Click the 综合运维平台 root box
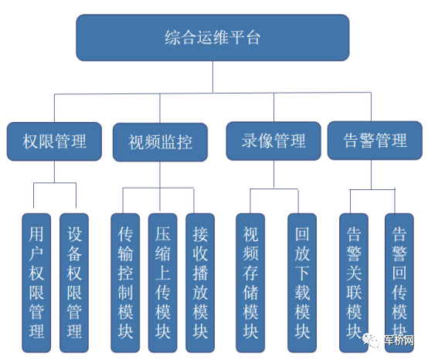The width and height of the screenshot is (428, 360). pyautogui.click(x=212, y=38)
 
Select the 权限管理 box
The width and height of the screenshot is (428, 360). pyautogui.click(x=54, y=141)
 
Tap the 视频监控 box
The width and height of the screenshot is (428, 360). pyautogui.click(x=160, y=142)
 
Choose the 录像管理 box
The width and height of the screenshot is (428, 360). pyautogui.click(x=273, y=141)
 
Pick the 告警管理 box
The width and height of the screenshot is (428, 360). pyautogui.click(x=375, y=141)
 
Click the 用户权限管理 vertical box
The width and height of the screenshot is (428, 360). pyautogui.click(x=36, y=283)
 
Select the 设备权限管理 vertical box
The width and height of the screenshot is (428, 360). pyautogui.click(x=74, y=283)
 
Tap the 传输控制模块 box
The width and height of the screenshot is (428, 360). pyautogui.click(x=125, y=283)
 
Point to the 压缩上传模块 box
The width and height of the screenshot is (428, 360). pyautogui.click(x=163, y=283)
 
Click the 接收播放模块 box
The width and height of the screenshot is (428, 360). pyautogui.click(x=200, y=283)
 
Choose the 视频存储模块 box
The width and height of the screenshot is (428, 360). pyautogui.click(x=250, y=283)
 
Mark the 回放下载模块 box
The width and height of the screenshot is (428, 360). pyautogui.click(x=302, y=283)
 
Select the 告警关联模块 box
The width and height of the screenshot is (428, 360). pyautogui.click(x=354, y=283)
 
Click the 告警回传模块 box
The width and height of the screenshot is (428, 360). pyautogui.click(x=399, y=283)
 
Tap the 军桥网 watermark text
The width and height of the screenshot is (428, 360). pyautogui.click(x=399, y=340)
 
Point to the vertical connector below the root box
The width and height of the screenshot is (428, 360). pyautogui.click(x=212, y=76)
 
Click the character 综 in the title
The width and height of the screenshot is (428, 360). pyautogui.click(x=172, y=37)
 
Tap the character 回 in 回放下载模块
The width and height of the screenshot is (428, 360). pyautogui.click(x=302, y=234)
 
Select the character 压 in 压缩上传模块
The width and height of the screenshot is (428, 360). pyautogui.click(x=163, y=234)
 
